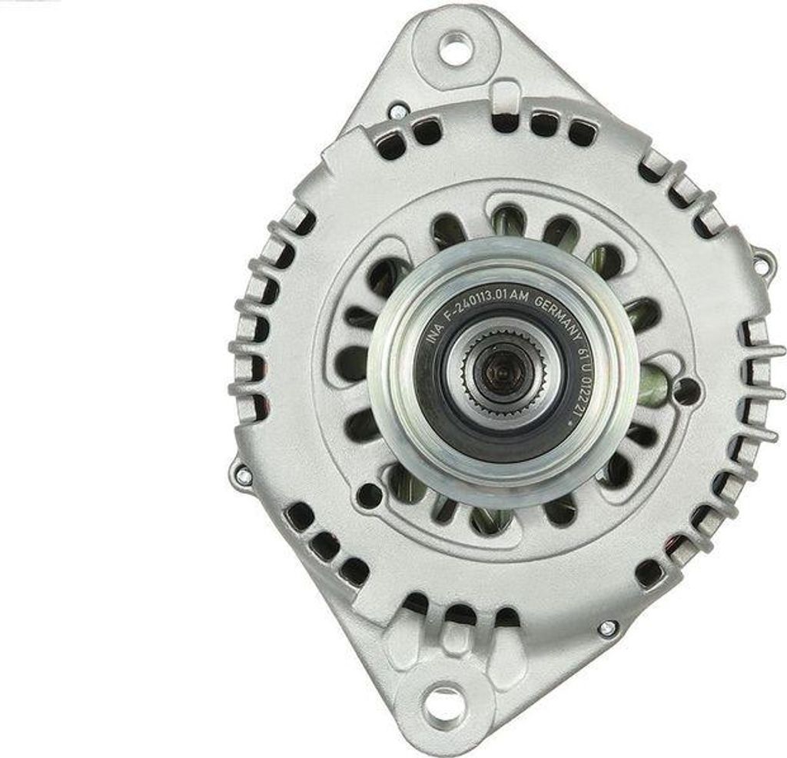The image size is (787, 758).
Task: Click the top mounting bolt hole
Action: coord(455,48)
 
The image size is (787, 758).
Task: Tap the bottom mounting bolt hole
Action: coord(443,704)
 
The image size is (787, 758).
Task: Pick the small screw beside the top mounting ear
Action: coord(397,112)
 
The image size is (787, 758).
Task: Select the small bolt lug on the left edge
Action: coord(241,475)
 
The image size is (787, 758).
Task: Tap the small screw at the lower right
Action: coord(607,628)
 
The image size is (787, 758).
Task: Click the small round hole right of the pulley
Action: coord(686,391)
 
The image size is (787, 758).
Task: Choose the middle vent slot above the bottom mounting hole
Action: coord(460,613)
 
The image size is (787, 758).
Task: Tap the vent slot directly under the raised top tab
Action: coord(505,121)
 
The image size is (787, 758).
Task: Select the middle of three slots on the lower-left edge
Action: coord(325,546)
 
